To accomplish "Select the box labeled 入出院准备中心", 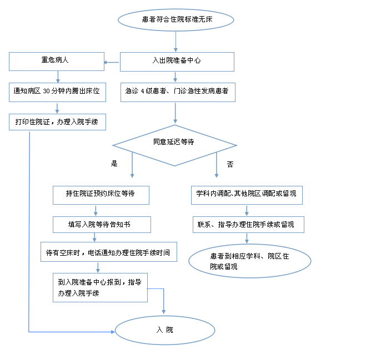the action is click(177, 62).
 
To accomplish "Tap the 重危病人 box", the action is click(57, 62).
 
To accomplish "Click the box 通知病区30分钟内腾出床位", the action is click(57, 92).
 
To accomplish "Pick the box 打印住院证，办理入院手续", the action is click(57, 122).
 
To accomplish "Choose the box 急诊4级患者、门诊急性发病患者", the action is click(178, 92).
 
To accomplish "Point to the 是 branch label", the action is click(114, 163).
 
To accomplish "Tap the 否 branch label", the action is click(230, 164).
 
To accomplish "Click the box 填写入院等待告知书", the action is click(102, 225).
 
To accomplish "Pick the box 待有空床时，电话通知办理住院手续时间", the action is click(109, 252).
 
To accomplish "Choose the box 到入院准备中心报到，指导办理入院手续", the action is click(100, 287).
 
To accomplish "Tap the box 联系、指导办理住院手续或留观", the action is click(248, 225).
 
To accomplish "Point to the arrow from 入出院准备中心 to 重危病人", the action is click(111, 62).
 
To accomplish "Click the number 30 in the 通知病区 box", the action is click(47, 91).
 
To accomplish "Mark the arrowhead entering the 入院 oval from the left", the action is click(113, 332).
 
